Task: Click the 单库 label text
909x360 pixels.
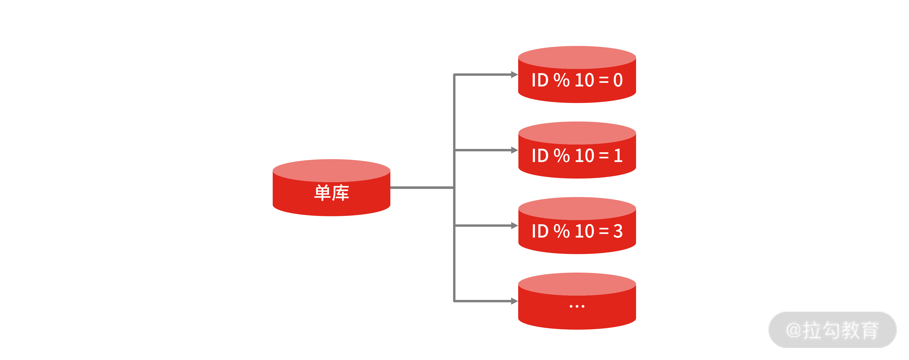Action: pyautogui.click(x=331, y=193)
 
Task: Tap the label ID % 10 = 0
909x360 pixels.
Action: pyautogui.click(x=577, y=80)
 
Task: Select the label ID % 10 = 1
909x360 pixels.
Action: pyautogui.click(x=577, y=156)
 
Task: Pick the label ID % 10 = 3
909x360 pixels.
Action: pyautogui.click(x=577, y=231)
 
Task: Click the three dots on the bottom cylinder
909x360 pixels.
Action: pyautogui.click(x=577, y=306)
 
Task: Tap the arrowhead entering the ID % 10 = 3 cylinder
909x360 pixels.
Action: pyautogui.click(x=514, y=225)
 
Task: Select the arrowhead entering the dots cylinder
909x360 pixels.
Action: pyautogui.click(x=514, y=301)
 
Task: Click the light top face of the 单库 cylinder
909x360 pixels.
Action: pyautogui.click(x=331, y=170)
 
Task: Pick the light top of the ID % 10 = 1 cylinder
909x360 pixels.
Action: pyautogui.click(x=577, y=133)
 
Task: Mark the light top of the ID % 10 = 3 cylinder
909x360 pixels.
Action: pyautogui.click(x=577, y=208)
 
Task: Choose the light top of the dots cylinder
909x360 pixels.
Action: pyautogui.click(x=577, y=284)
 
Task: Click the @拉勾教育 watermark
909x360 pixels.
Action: pyautogui.click(x=832, y=330)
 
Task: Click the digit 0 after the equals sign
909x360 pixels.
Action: pyautogui.click(x=618, y=80)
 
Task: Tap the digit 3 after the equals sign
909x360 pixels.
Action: pyautogui.click(x=618, y=231)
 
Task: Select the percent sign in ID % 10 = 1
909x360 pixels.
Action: pyautogui.click(x=561, y=156)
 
